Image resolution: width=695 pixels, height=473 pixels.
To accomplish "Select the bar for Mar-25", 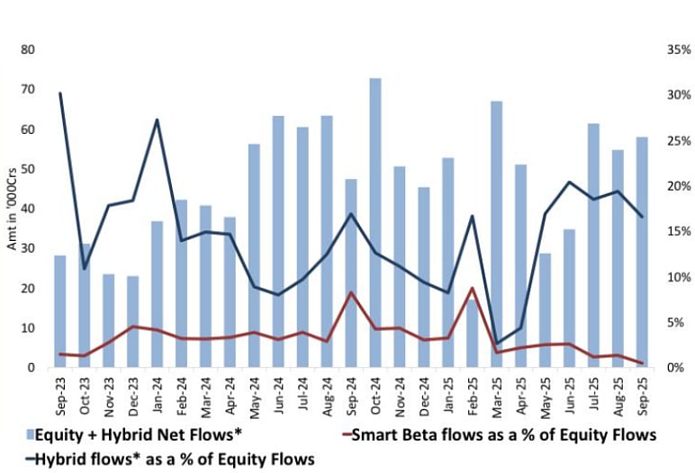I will pos(497,234).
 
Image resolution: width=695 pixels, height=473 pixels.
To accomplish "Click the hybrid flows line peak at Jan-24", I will pos(158,120).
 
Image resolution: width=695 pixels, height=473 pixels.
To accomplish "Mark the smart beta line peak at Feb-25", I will pos(473,288).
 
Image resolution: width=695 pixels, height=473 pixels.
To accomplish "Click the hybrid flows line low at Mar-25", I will pos(497,344).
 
